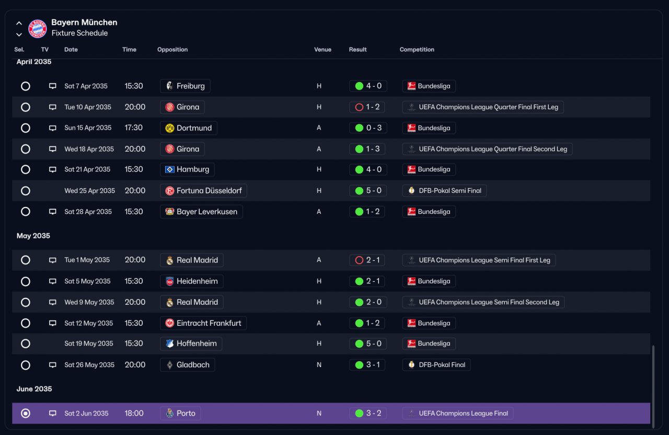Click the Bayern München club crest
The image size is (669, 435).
pyautogui.click(x=37, y=29)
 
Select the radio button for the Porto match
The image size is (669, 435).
pyautogui.click(x=26, y=413)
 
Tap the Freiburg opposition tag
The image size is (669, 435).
pyautogui.click(x=185, y=86)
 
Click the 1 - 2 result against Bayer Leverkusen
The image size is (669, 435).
pyautogui.click(x=367, y=212)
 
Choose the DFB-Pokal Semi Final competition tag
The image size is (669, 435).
pyautogui.click(x=444, y=191)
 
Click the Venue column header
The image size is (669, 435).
pyautogui.click(x=322, y=50)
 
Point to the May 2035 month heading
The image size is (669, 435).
pyautogui.click(x=33, y=236)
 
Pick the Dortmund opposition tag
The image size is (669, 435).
pyautogui.click(x=189, y=128)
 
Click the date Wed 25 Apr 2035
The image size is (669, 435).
pyautogui.click(x=89, y=191)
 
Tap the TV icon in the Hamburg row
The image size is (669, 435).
pyautogui.click(x=53, y=169)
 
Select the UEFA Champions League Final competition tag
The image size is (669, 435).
pyautogui.click(x=457, y=413)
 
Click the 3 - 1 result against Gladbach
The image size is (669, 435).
pyautogui.click(x=367, y=365)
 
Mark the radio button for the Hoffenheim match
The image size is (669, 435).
pyautogui.click(x=26, y=344)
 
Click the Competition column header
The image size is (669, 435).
pyautogui.click(x=417, y=50)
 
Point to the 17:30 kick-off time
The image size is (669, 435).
pyautogui.click(x=133, y=128)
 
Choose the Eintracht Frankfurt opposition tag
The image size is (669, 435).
pyautogui.click(x=203, y=323)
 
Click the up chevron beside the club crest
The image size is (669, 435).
pyautogui.click(x=19, y=23)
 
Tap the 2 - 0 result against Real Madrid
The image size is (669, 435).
pyautogui.click(x=368, y=302)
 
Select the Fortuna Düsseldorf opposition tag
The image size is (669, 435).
pyautogui.click(x=203, y=191)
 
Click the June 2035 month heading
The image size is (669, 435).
pyautogui.click(x=34, y=388)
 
